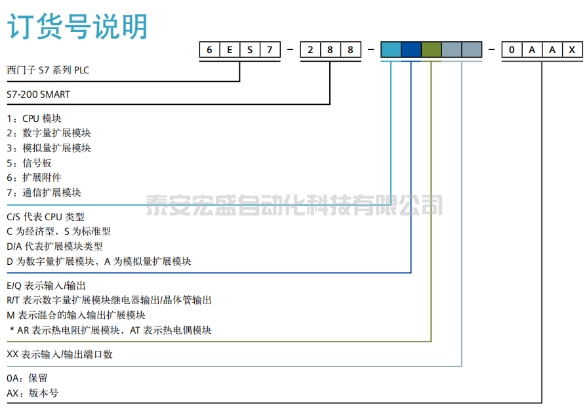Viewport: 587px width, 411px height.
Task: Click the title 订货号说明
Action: pos(77,28)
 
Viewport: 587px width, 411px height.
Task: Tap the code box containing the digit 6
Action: pos(209,50)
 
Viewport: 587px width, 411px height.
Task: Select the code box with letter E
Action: pos(230,50)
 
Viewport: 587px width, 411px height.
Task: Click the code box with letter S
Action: pos(250,50)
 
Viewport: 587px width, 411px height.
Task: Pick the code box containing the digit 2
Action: pos(310,50)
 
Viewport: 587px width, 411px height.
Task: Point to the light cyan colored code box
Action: pos(391,50)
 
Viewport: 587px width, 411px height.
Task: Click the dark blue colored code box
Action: pos(411,50)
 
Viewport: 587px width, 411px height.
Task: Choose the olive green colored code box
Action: pos(432,50)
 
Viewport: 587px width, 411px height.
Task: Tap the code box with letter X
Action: pos(573,50)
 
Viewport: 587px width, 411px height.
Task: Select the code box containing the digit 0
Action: pos(512,50)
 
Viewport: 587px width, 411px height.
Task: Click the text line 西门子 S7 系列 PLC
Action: pos(48,69)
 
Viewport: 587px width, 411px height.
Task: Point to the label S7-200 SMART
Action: pos(38,94)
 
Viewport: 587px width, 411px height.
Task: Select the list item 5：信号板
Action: pos(29,163)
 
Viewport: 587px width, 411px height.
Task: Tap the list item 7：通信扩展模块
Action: pos(44,192)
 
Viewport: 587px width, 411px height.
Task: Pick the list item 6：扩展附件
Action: pos(34,178)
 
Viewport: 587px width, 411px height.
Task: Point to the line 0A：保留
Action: pos(27,378)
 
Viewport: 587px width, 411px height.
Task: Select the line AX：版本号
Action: pos(32,393)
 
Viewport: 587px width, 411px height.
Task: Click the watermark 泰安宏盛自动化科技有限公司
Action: pos(294,205)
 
